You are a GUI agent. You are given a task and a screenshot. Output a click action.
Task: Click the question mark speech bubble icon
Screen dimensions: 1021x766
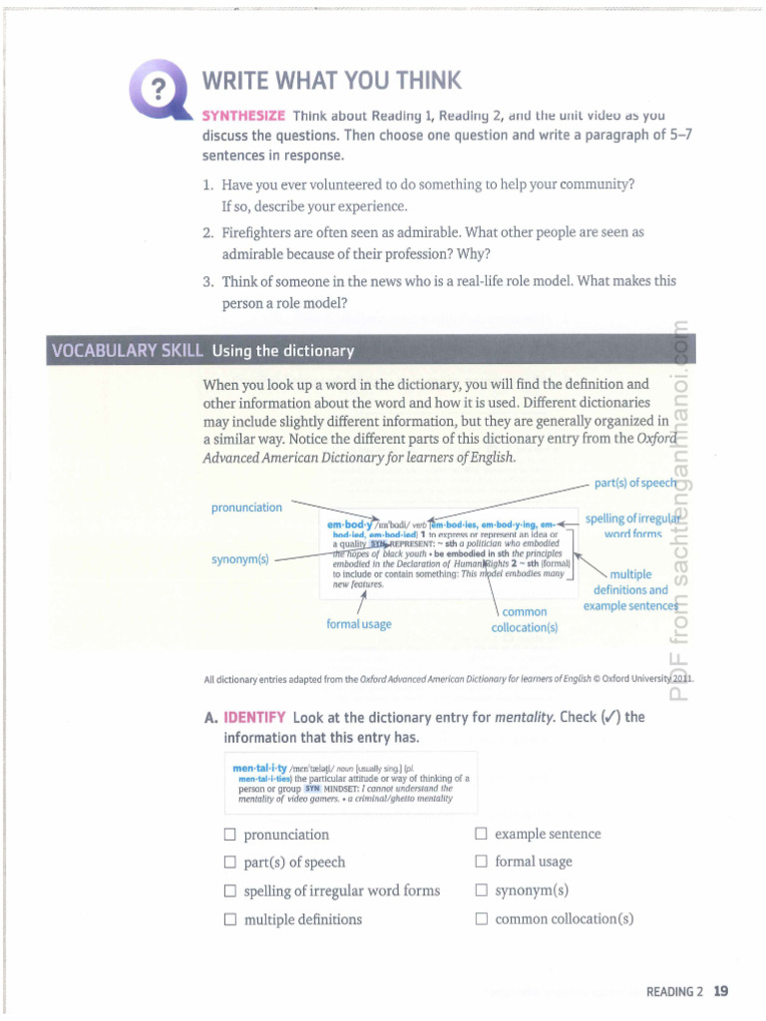[x=158, y=87]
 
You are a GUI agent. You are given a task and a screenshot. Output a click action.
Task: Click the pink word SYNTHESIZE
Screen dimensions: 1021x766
[x=243, y=116]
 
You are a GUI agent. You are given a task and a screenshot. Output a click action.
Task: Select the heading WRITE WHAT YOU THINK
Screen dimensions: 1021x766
[x=331, y=81]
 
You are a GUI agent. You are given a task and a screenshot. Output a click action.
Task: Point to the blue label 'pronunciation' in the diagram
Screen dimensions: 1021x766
[x=246, y=508]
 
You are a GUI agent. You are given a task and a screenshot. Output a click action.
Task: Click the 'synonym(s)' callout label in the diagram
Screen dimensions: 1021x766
[x=239, y=558]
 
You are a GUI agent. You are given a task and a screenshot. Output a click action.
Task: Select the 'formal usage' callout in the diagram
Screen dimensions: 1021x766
[x=358, y=624]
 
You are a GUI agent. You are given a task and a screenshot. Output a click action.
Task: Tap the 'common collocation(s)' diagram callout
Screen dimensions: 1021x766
[x=525, y=619]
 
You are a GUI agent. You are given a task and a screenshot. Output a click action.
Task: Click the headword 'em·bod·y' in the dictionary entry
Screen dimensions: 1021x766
[x=349, y=524]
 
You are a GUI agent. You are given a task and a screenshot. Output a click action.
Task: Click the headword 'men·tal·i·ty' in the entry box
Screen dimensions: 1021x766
[x=259, y=769]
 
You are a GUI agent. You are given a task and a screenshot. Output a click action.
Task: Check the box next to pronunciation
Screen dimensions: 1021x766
[x=229, y=835]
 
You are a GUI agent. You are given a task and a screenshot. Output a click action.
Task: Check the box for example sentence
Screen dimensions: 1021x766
[x=481, y=834]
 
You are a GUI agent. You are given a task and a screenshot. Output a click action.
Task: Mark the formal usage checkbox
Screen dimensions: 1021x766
[x=481, y=861]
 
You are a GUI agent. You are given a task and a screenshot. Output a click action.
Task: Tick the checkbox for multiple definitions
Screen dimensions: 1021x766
[x=229, y=919]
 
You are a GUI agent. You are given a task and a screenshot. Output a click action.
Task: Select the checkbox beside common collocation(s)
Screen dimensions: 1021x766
[x=481, y=919]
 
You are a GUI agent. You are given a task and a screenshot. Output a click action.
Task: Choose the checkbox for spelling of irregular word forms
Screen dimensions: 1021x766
[x=229, y=890]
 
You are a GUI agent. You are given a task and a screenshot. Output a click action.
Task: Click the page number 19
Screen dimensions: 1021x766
[x=721, y=991]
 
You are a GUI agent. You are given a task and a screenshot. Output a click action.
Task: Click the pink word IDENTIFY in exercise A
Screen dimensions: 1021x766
[x=254, y=717]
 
